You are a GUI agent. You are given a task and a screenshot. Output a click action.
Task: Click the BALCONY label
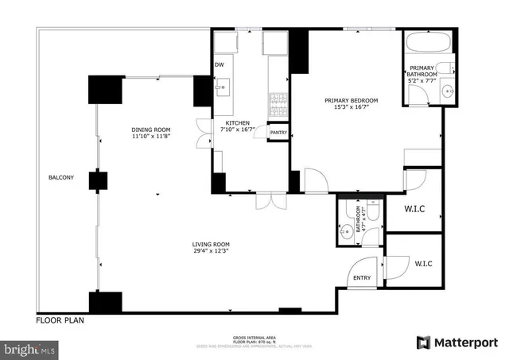pos(60,177)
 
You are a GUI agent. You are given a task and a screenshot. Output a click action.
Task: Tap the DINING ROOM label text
pos(151,130)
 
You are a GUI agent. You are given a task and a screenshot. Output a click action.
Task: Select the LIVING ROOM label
pos(211,244)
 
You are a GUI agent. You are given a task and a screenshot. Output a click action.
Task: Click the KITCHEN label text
pos(238,123)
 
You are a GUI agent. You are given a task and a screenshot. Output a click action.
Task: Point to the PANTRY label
pos(278,132)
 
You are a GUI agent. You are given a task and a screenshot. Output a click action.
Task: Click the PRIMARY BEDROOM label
pos(351,100)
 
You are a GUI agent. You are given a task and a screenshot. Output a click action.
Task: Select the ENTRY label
pos(363,277)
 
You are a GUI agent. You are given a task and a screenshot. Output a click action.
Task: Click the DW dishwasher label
pos(219,65)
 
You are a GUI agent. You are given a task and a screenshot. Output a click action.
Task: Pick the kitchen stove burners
pos(278,100)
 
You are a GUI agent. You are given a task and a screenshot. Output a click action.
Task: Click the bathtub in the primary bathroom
pos(429,42)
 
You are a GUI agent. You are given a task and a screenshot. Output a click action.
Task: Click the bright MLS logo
pos(30,349)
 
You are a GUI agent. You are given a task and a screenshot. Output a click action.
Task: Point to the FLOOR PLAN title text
pos(60,321)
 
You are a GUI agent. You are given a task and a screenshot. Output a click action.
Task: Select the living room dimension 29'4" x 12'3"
pos(211,252)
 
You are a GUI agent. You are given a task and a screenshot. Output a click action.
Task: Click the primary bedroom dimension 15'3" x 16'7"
pos(351,108)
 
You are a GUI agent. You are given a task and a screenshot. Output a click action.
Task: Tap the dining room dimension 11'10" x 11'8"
pos(151,137)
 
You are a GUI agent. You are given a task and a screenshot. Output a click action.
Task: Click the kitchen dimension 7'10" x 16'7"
pos(238,130)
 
